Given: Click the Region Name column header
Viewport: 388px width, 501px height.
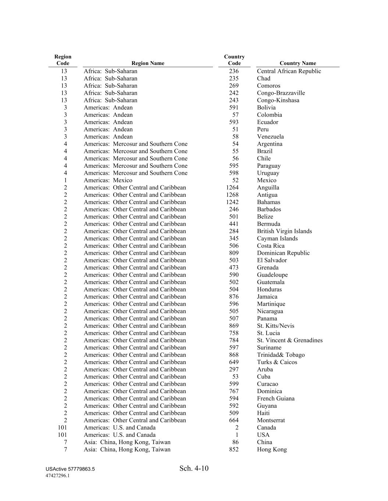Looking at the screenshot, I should click(147, 63).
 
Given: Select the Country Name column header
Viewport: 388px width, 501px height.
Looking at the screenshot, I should click(298, 63).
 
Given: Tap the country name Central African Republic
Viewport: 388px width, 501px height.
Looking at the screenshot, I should click(289, 71).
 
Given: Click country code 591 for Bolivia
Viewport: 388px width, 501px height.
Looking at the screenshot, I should click(234, 108).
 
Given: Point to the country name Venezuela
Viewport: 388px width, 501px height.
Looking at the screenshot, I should click(270, 137).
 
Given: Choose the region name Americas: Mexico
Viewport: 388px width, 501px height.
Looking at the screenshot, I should click(108, 180).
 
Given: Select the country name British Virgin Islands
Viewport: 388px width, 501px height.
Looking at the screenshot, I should click(284, 231).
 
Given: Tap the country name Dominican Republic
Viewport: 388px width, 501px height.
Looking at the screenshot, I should click(283, 253).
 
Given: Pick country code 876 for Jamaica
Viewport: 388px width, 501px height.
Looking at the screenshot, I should click(234, 297).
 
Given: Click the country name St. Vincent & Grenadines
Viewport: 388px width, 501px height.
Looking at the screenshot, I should click(289, 340).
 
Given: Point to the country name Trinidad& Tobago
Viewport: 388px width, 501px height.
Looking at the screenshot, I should click(281, 355).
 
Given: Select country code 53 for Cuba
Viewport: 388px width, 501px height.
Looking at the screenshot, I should click(235, 377).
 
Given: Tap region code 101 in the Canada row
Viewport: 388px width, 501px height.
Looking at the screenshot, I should click(63, 428).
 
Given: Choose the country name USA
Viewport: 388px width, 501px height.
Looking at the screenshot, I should click(263, 435).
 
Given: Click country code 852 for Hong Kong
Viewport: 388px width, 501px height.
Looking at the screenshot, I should click(234, 450).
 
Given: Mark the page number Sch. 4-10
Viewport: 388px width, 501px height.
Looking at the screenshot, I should click(194, 468).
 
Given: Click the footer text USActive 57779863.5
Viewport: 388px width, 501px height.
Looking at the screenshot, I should click(70, 469).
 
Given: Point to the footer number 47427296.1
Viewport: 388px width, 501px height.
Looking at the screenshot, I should click(58, 476).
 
